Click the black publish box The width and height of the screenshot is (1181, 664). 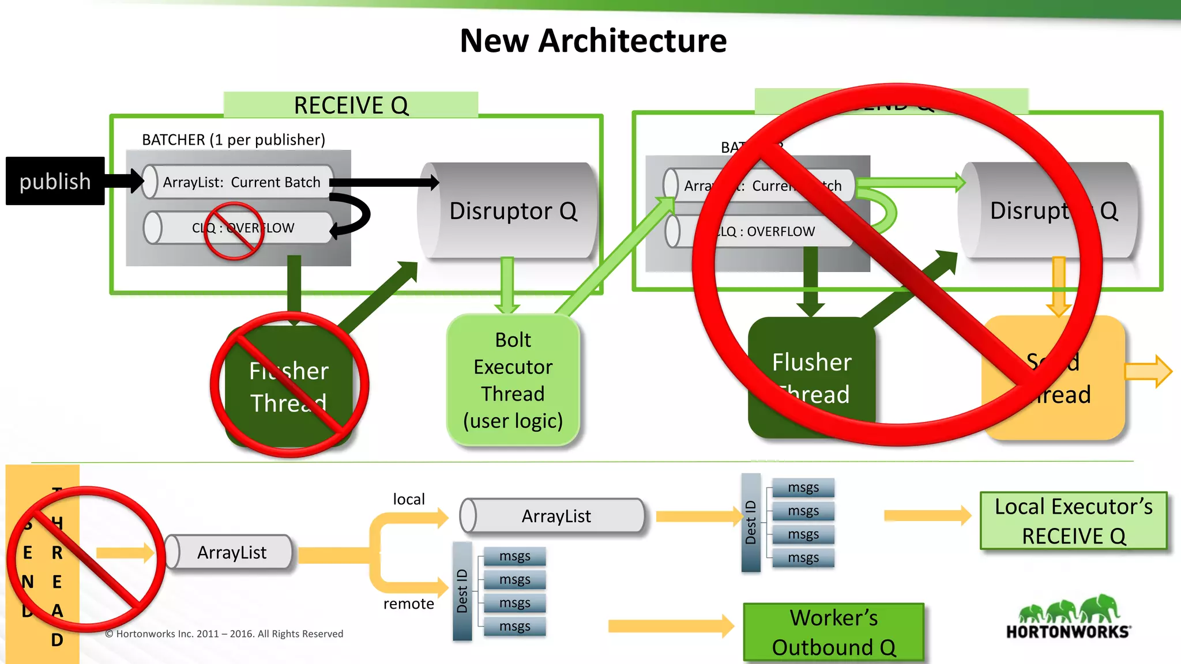pos(55,181)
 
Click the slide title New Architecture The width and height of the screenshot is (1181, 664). pos(593,41)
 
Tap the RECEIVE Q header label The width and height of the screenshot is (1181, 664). pos(351,105)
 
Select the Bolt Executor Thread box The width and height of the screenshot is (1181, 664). pos(513,380)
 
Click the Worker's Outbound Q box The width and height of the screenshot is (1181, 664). pos(833,632)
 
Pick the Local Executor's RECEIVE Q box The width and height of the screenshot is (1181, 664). pos(1073,521)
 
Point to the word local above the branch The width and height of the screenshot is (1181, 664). pos(408,499)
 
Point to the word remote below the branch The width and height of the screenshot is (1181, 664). pos(408,603)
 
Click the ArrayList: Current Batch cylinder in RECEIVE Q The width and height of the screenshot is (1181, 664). pos(239,182)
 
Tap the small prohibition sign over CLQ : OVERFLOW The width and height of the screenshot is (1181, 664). pos(234,231)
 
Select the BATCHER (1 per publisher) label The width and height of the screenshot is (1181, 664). pos(233,139)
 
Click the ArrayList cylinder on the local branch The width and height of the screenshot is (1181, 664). pos(554,516)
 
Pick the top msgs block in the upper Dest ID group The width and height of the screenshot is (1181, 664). pos(803,488)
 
